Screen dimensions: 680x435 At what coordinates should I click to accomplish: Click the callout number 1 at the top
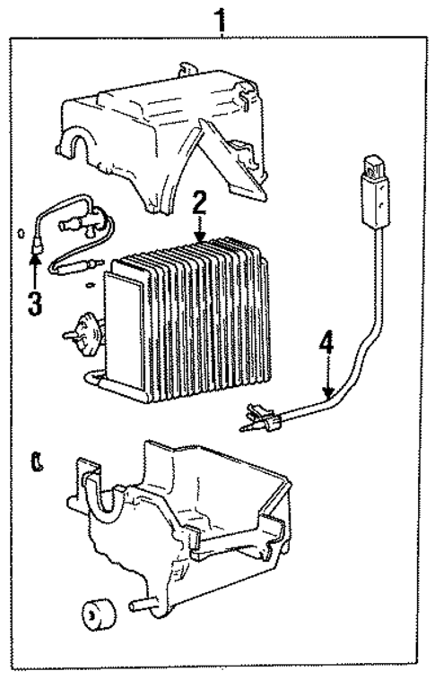tap(217, 15)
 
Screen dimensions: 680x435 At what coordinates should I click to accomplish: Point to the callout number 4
tap(328, 342)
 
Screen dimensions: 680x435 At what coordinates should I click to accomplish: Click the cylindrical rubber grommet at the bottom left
tap(96, 616)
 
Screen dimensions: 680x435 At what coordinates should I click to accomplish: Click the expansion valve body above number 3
tap(90, 217)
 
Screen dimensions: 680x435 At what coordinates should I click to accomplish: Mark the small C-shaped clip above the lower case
tap(36, 462)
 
